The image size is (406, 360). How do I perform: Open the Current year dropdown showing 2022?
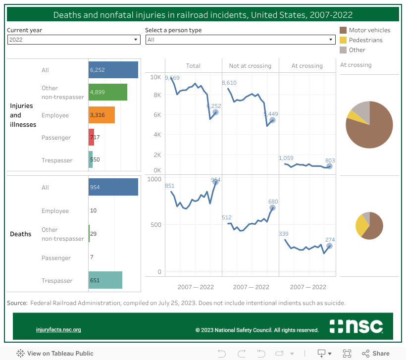74,40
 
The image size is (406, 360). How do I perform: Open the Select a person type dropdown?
240,40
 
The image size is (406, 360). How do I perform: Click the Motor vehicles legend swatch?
343,30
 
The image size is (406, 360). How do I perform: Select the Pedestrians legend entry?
365,40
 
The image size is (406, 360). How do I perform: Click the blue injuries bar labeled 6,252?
113,70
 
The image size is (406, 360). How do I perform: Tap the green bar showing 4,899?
107,93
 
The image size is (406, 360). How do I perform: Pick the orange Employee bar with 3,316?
101,115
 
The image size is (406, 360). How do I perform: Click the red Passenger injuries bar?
91,138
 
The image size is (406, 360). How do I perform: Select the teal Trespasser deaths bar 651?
105,280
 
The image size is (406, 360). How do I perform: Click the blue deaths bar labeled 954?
113,188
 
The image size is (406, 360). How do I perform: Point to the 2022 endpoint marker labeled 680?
272,208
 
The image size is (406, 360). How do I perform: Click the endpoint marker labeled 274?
329,246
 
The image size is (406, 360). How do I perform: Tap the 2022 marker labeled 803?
329,166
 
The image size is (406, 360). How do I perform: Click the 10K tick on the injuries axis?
155,78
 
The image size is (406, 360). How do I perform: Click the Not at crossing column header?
250,66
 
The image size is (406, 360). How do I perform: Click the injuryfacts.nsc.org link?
58,330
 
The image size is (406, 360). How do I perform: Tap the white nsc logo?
356,326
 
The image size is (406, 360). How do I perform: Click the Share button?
376,354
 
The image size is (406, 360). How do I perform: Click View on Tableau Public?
55,354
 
